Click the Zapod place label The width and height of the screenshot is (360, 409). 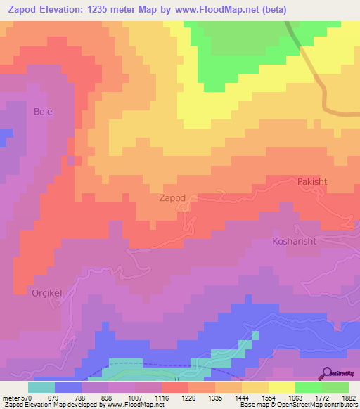point(172,198)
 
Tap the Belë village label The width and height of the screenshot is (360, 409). point(43,111)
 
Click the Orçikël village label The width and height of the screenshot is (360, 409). point(31,294)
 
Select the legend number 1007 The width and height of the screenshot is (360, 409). point(134,397)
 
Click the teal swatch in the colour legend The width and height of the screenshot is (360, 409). point(41,387)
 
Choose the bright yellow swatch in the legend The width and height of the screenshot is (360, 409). point(282,387)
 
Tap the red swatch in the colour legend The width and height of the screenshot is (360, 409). point(175,387)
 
